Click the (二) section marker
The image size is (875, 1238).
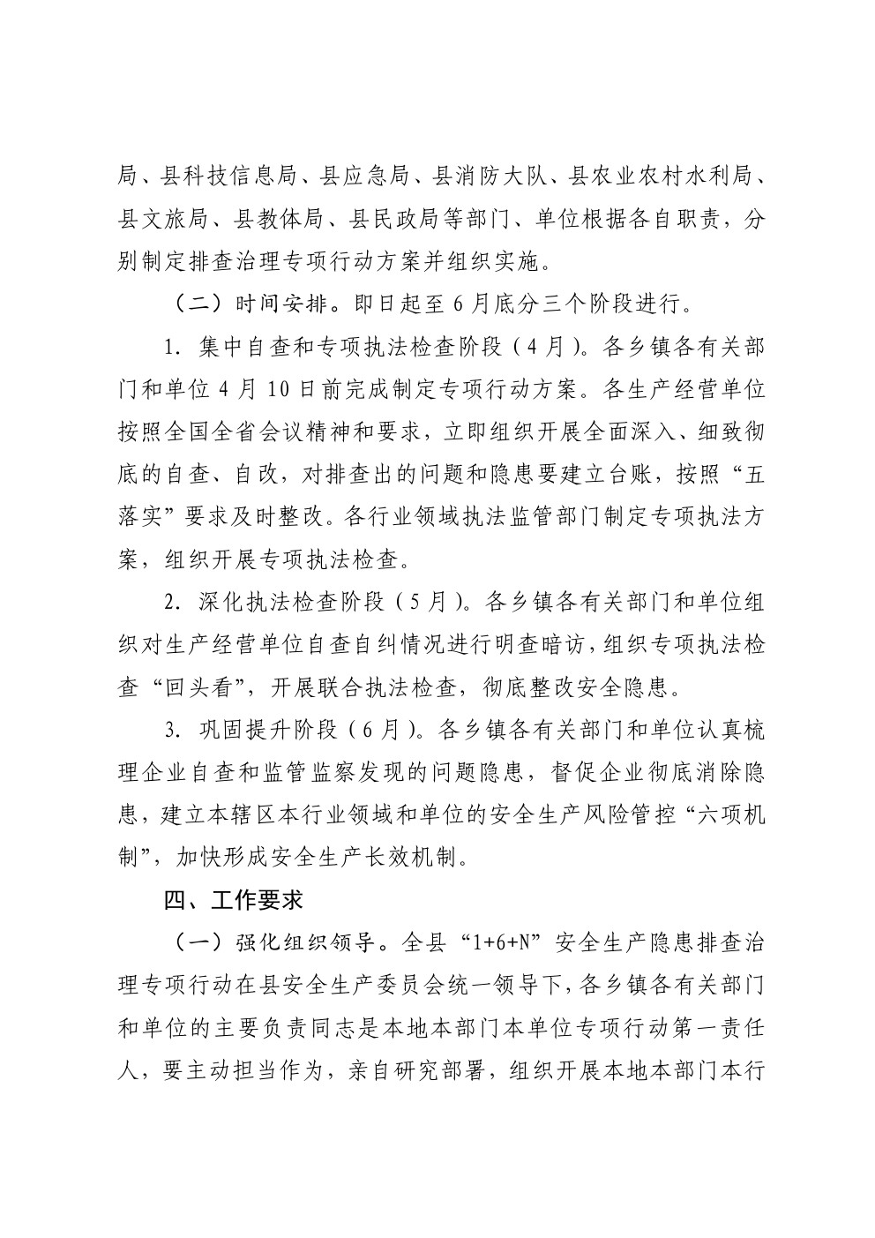coord(191,305)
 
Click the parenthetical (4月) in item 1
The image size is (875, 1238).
coord(544,347)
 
